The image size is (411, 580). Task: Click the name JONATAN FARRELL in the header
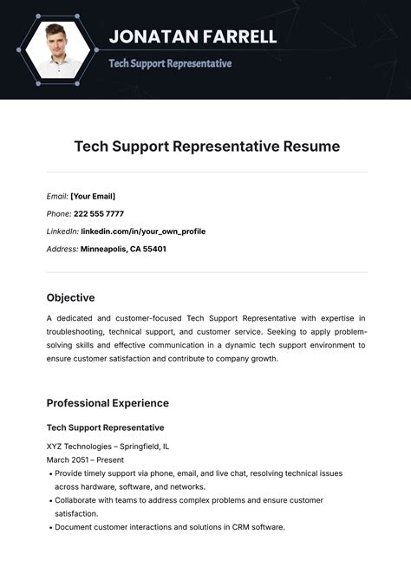[192, 36]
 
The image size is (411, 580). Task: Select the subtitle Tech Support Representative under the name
[170, 63]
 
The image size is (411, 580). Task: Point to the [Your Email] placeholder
[93, 196]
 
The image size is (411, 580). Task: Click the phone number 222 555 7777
[98, 213]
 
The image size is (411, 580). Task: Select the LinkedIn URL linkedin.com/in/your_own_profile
[143, 231]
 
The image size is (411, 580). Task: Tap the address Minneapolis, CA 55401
[123, 249]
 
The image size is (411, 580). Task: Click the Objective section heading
[70, 297]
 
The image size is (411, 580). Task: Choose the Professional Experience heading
[108, 403]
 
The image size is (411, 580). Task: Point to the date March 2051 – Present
[85, 459]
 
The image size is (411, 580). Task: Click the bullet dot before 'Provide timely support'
[49, 474]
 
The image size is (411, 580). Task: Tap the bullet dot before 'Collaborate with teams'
[49, 500]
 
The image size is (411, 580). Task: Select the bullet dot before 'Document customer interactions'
[49, 527]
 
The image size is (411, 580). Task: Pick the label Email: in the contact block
[57, 196]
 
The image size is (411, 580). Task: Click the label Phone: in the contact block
[59, 213]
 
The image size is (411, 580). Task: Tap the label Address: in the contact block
[62, 249]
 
